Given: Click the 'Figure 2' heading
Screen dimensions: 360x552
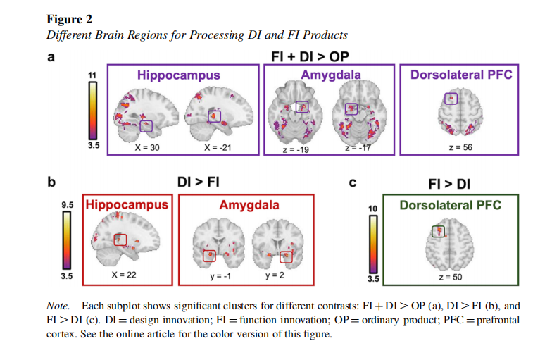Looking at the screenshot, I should tap(69, 19).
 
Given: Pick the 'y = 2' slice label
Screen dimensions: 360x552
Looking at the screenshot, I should tap(275, 275).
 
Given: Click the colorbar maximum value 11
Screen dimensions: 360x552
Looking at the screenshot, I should tap(91, 75).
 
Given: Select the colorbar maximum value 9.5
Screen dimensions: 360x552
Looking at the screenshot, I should tap(68, 205).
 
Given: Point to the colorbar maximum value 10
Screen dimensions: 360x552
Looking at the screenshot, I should tap(373, 209).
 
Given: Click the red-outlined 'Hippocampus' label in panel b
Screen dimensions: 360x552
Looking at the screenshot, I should tap(128, 205).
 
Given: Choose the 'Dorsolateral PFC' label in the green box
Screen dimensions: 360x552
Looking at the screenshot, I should tap(450, 205).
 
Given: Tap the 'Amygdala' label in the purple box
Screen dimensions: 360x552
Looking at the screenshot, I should tap(331, 75).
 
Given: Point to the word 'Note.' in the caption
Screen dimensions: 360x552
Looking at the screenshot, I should tap(59, 306).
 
